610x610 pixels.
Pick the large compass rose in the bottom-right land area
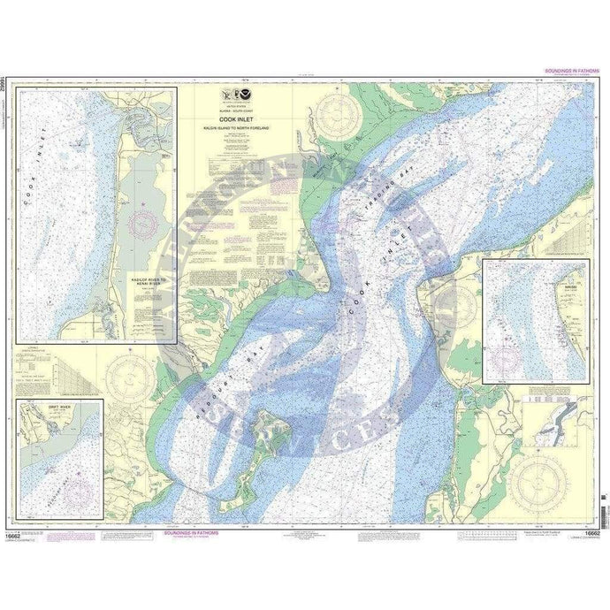(x=539, y=480)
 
